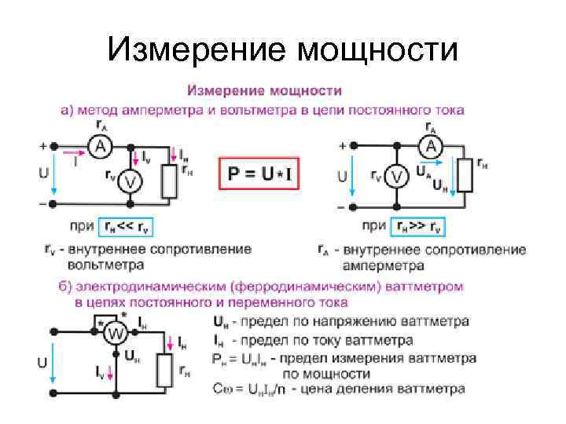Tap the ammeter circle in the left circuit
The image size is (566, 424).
[x=100, y=146]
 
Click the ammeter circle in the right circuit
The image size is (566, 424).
[x=431, y=146]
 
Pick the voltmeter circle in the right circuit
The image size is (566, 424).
[x=397, y=177]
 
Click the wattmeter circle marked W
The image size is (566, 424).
[x=116, y=333]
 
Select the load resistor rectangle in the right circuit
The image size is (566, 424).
[x=465, y=174]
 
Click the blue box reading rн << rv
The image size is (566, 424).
[x=127, y=227]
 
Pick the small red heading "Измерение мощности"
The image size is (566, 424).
[x=263, y=93]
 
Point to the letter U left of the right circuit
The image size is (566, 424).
[x=342, y=177]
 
